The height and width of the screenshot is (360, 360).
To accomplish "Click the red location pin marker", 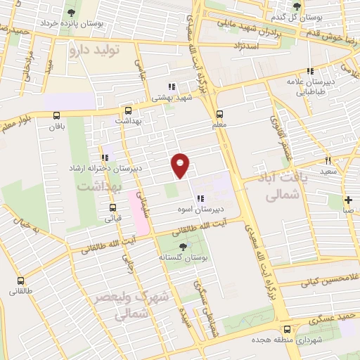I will [181, 165].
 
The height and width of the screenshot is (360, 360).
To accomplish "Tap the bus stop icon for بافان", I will [57, 116].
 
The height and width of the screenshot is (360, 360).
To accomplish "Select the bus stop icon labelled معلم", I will [219, 114].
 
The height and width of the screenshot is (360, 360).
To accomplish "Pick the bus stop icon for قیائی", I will [112, 207].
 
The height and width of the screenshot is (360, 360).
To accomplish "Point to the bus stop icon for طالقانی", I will [19, 278].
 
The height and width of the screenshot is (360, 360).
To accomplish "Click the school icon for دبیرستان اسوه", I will [200, 199].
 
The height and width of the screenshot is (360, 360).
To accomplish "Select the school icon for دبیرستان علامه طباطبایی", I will [310, 71].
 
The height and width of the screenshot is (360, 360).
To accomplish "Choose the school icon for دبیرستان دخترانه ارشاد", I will [104, 157].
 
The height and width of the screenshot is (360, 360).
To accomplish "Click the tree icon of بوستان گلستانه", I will [184, 246].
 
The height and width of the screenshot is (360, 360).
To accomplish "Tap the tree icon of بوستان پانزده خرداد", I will [70, 13].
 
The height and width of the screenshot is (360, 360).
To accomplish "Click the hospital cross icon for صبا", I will [348, 200].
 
